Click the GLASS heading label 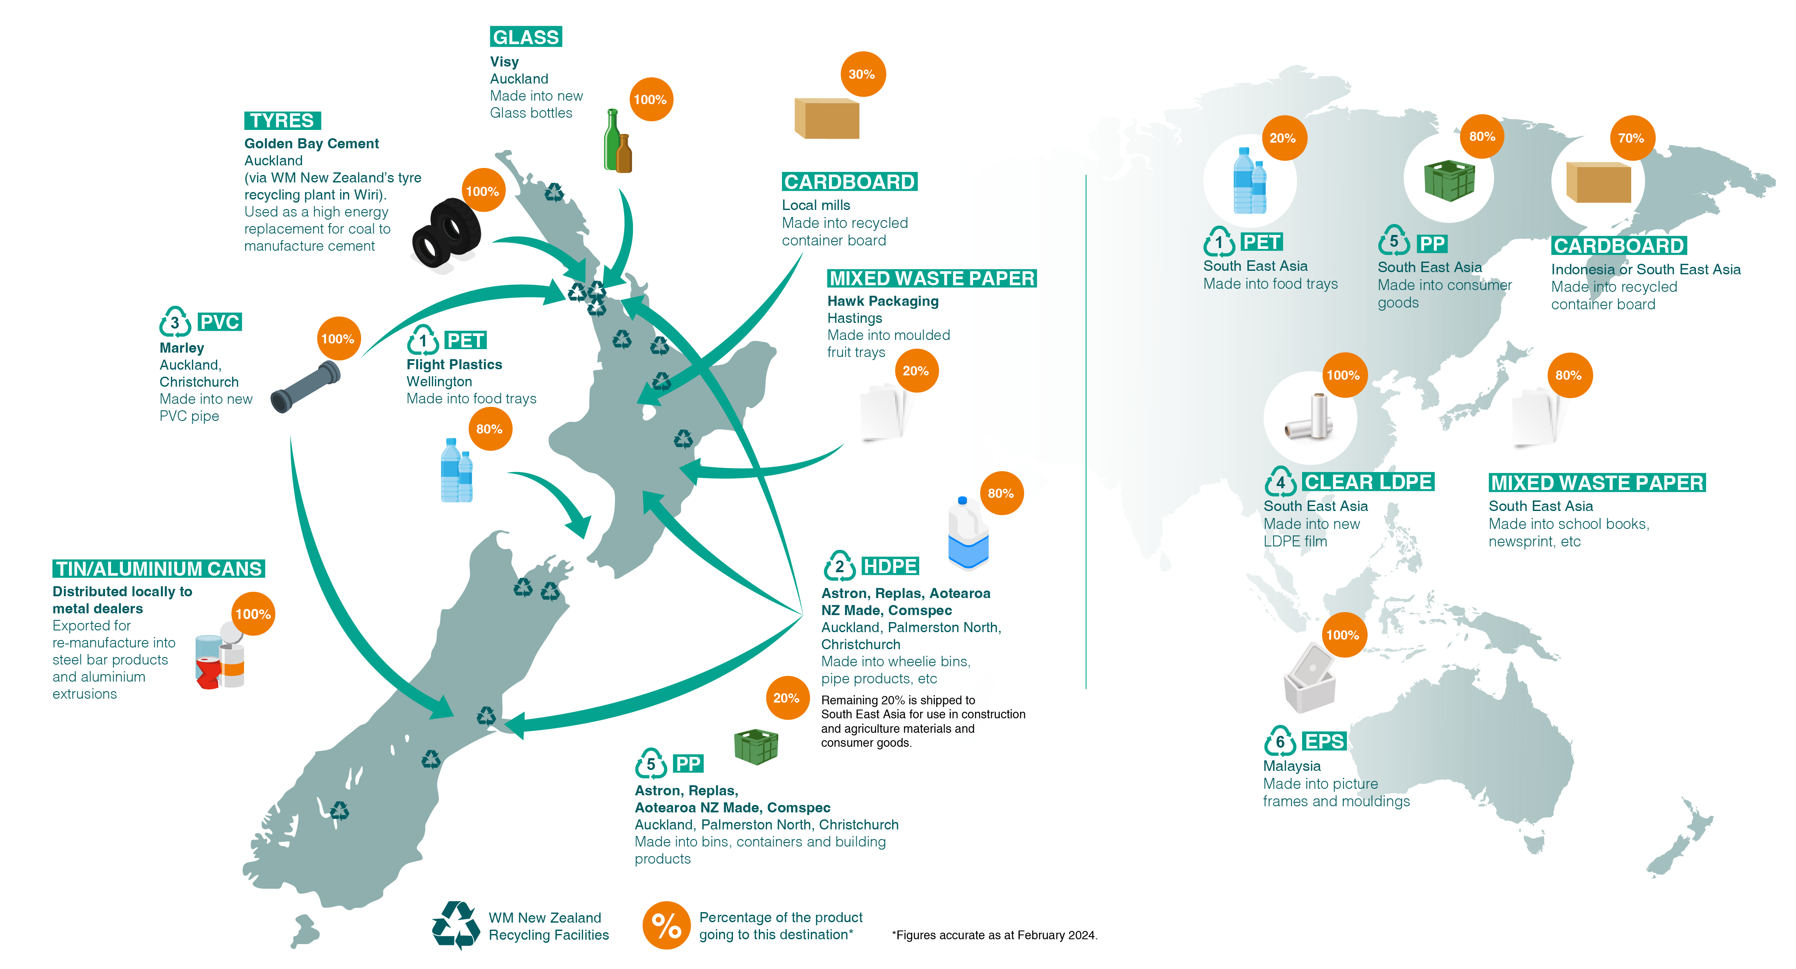[526, 37]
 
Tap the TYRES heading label [282, 121]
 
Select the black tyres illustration [446, 234]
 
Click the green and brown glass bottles [617, 142]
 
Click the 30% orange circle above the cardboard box [862, 74]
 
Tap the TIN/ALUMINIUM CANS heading [159, 569]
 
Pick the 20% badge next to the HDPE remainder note [786, 698]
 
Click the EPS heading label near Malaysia [1324, 741]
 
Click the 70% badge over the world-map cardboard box [1631, 138]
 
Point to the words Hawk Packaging [882, 301]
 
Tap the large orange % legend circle [666, 925]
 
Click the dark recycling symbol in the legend [456, 925]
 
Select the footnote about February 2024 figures [994, 935]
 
